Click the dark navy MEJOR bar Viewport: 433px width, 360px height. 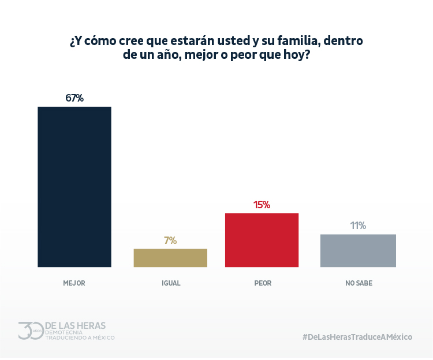[74, 187]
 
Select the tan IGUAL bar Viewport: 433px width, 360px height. [170, 258]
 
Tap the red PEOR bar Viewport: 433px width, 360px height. [262, 240]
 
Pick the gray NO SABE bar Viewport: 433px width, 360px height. [358, 250]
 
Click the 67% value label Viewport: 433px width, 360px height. [74, 98]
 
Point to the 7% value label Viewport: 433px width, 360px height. [170, 241]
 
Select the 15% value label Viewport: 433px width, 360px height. [262, 204]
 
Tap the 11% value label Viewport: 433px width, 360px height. [358, 226]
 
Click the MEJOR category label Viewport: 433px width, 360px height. [74, 283]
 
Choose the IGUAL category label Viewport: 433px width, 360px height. [170, 283]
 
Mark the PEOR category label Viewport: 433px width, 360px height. [262, 283]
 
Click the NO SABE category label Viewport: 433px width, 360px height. [359, 283]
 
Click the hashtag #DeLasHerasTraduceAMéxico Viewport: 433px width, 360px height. [357, 337]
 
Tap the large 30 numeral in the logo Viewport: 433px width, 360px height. [30, 331]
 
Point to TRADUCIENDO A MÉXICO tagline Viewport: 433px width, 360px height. [80, 337]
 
